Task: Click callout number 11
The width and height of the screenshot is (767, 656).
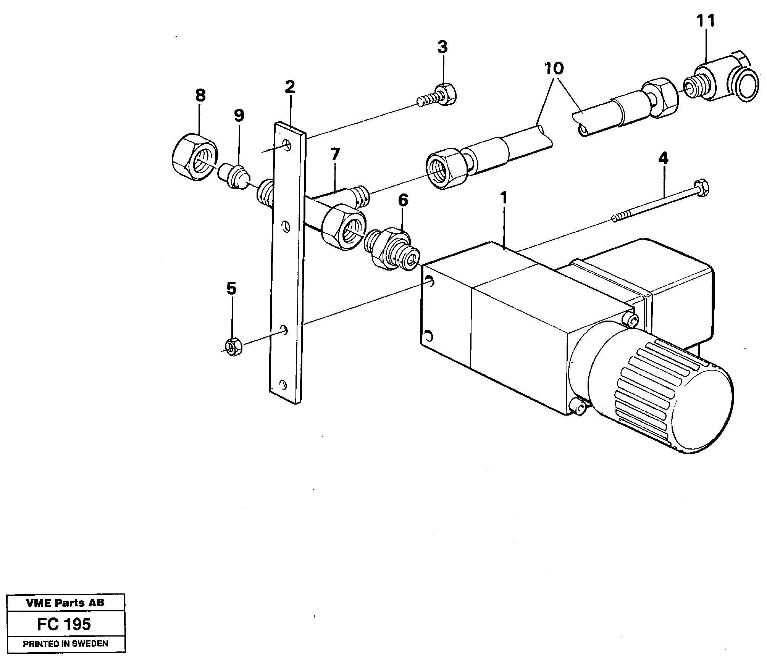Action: click(706, 21)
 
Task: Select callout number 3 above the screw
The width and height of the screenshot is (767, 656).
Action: click(442, 47)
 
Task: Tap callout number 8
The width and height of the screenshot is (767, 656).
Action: click(200, 95)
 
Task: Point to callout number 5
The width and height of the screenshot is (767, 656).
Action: click(231, 289)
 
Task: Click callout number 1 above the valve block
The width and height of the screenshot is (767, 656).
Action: click(504, 198)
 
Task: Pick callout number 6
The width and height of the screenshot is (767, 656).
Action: click(403, 200)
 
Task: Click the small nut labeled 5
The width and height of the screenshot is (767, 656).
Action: click(233, 347)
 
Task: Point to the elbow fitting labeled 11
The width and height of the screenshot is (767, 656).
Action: click(722, 82)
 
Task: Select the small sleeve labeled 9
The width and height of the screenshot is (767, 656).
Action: click(234, 177)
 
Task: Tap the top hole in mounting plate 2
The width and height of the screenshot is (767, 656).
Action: click(287, 145)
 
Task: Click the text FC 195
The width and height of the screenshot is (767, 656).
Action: click(64, 624)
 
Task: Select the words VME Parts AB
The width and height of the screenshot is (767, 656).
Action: click(65, 603)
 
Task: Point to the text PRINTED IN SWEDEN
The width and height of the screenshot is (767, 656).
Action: click(66, 644)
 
